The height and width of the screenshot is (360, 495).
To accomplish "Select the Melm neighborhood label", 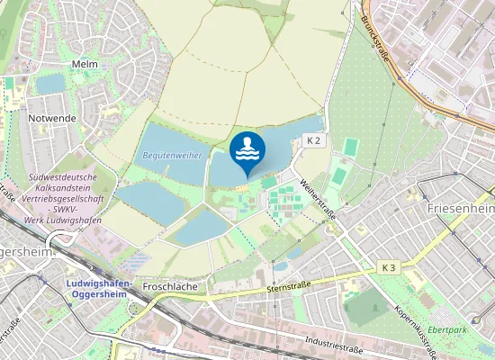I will point(84,65).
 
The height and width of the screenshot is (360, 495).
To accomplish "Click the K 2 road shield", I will point(312,141).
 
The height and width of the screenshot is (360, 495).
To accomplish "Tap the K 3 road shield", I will point(388,267).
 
